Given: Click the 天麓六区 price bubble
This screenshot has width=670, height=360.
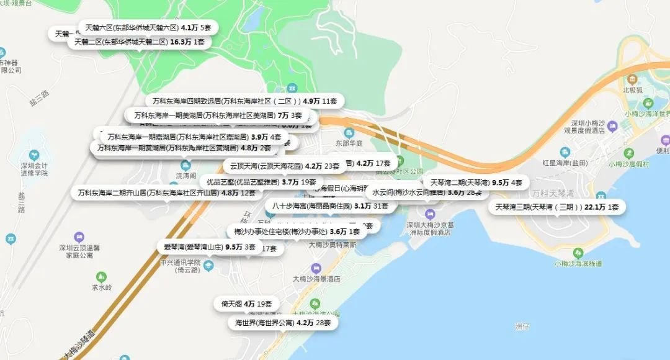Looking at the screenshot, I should pyautogui.click(x=148, y=28).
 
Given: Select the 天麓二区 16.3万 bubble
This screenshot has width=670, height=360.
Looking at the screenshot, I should pyautogui.click(x=139, y=42).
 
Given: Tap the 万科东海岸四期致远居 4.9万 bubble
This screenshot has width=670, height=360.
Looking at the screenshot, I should pyautogui.click(x=244, y=101).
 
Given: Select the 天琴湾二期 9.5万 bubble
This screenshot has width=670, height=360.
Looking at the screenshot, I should pyautogui.click(x=476, y=182).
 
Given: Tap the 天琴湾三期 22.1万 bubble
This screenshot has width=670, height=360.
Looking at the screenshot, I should pyautogui.click(x=556, y=207).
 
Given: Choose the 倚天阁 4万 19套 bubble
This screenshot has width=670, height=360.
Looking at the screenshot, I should pyautogui.click(x=246, y=304).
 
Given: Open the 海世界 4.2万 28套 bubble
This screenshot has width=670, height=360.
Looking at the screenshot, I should pyautogui.click(x=282, y=323).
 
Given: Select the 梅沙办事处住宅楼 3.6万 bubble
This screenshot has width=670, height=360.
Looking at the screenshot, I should pyautogui.click(x=297, y=232).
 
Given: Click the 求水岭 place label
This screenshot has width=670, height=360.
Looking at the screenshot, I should pyautogui.click(x=101, y=287).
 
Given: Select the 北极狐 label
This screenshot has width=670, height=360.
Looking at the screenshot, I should pyautogui.click(x=632, y=89).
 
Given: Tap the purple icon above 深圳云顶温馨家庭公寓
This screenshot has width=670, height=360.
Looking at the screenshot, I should pyautogui.click(x=79, y=236).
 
